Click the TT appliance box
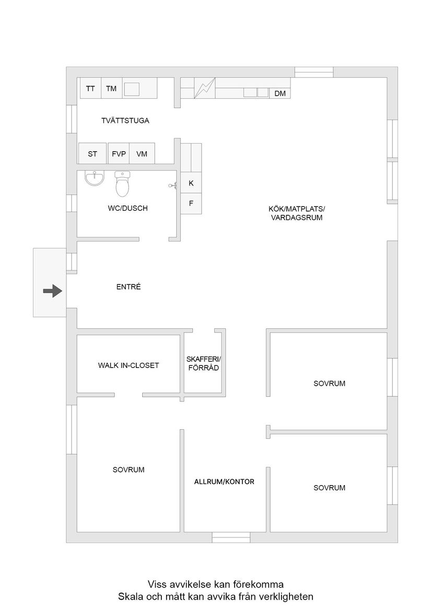pos(90,88)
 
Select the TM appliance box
pos(111,88)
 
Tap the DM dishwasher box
pos(280,94)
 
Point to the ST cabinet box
pos(92,154)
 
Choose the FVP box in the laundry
pos(119,154)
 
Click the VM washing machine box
pos(142,154)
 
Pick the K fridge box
pos(191,183)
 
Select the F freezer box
pos(191,203)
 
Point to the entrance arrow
pos(53,291)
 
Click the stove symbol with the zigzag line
pos(205,88)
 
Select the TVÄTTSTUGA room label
pos(125,121)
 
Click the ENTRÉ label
pos(129,287)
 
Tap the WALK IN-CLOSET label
pos(129,365)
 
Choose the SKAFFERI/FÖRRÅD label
pos(203,363)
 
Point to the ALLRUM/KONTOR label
pos(224,481)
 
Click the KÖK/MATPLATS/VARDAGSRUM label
pos(297,213)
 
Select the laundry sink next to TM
pos(132,89)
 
